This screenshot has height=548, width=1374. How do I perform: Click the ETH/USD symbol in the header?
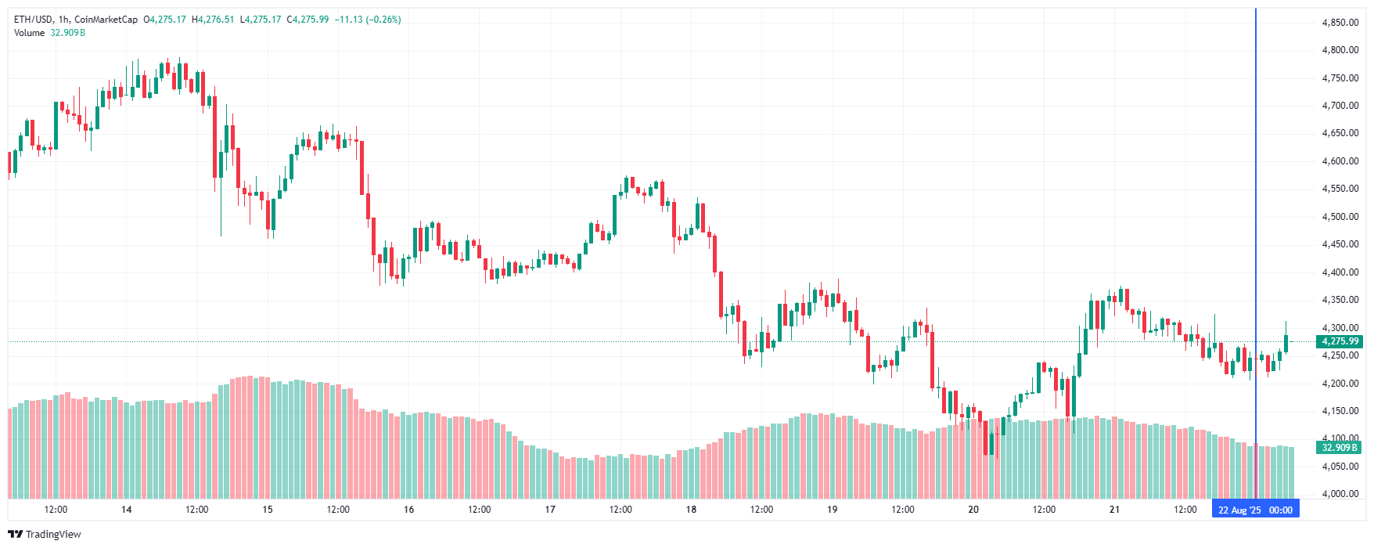coord(33,20)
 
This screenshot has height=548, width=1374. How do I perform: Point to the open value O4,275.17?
coord(165,20)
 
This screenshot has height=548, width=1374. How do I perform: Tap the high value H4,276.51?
coord(213,20)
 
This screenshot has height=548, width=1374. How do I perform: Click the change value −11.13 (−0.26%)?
coord(368,20)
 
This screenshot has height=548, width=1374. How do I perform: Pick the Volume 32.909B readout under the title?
coord(50,33)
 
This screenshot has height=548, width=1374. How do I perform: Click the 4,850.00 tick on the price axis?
coord(1340,23)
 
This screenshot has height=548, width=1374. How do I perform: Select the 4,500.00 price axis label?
coord(1340,217)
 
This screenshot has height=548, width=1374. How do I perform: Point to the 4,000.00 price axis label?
coord(1340,494)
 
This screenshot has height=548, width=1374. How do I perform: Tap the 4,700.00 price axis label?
coord(1340,106)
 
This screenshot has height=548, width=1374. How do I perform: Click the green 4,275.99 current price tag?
coord(1340,341)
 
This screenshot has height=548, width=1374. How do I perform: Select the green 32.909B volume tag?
coord(1340,448)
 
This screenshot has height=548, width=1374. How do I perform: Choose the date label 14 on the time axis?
coord(127,510)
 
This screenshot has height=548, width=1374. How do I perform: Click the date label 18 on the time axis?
coord(691,510)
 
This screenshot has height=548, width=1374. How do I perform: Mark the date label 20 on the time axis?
coord(973,510)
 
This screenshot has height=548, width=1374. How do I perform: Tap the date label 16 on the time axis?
coord(408,510)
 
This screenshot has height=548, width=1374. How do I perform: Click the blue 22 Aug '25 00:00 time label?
coord(1255,510)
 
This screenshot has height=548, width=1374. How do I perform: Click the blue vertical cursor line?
coord(1256,235)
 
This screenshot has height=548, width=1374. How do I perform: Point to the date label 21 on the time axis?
coord(1114,510)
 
